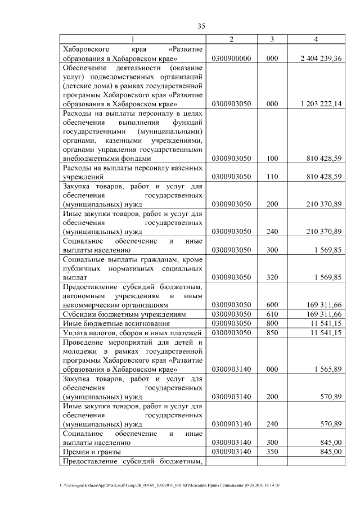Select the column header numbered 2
[231, 39]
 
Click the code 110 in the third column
[272, 177]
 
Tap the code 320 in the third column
[272, 277]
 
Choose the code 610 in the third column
[272, 314]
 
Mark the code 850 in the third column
[272, 332]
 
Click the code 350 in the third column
[272, 452]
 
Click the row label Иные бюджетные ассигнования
[110, 323]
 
